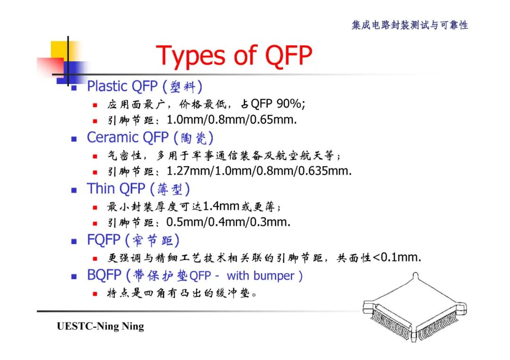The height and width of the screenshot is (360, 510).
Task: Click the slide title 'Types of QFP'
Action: pos(234,56)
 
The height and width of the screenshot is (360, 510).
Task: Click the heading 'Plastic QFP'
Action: pos(121,86)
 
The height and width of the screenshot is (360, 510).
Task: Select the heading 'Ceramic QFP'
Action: pos(127,137)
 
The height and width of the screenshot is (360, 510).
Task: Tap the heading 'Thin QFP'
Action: pos(116,189)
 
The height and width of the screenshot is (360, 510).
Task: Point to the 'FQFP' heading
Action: pos(103,240)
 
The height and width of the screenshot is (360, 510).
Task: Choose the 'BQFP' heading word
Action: pos(104,275)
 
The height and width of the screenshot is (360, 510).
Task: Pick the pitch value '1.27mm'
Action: pos(187,171)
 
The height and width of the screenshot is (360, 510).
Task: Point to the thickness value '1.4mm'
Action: pos(222,206)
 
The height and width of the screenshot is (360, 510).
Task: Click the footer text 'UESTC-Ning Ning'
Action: pos(100,327)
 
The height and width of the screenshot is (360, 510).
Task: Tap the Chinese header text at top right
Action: pos(409,25)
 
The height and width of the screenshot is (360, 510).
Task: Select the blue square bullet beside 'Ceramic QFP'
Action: pos(74,139)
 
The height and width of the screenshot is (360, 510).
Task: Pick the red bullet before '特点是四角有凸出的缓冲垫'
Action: pos(95,294)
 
